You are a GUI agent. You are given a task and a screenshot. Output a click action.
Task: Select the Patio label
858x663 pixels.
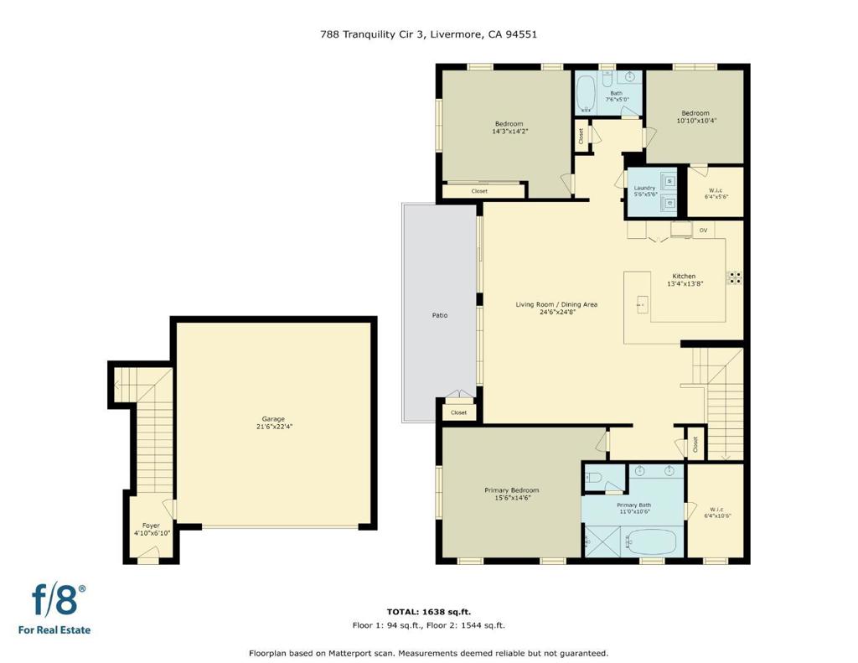[x=440, y=315]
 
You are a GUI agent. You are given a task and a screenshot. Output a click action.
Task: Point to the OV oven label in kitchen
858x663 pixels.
[x=703, y=230]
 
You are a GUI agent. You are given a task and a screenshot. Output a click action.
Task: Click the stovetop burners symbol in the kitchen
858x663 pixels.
[x=734, y=277]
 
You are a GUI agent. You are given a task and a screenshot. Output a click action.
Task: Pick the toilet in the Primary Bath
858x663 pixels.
[x=593, y=478]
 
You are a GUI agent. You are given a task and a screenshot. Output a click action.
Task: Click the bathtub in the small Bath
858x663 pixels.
[x=586, y=94]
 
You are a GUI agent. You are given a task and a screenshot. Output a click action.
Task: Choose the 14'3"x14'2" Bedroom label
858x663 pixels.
[x=509, y=127]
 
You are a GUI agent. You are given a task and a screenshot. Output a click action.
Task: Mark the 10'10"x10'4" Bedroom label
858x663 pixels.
[x=695, y=117]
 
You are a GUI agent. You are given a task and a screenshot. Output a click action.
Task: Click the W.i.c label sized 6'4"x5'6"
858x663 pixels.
[x=716, y=194]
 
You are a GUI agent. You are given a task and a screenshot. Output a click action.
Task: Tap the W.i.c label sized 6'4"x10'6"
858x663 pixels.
[x=716, y=512]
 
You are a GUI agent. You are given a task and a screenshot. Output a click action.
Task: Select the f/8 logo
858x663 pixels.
[x=54, y=609]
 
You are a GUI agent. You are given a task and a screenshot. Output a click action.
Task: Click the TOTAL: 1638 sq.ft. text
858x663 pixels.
[x=429, y=612]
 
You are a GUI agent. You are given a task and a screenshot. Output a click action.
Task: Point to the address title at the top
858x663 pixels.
[x=428, y=34]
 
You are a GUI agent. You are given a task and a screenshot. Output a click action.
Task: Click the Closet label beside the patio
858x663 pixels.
[x=458, y=412]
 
